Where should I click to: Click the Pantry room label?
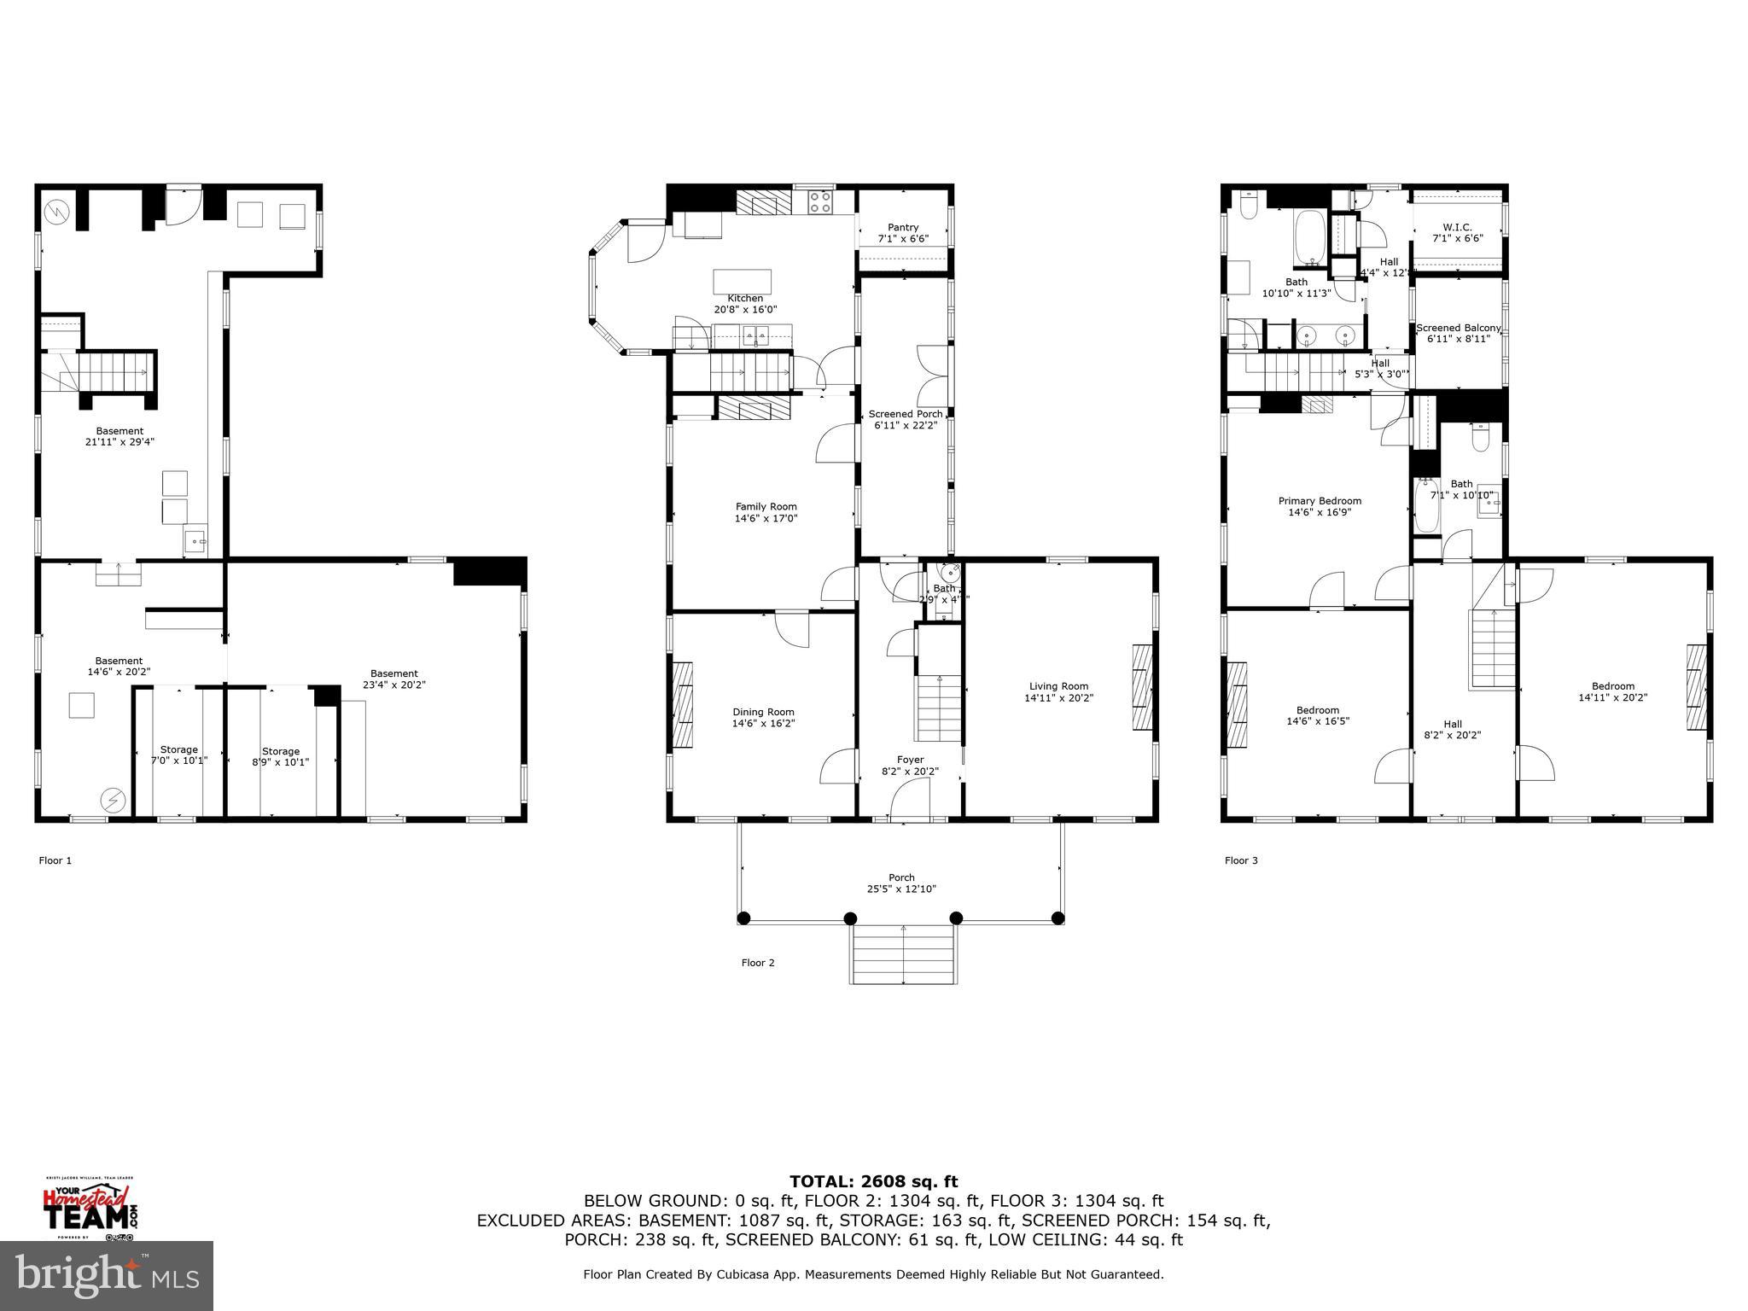[902, 227]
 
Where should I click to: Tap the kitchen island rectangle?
[743, 281]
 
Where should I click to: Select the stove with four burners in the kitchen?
[820, 202]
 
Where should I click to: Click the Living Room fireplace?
[1142, 686]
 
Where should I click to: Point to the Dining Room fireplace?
[683, 704]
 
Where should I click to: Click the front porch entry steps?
[902, 953]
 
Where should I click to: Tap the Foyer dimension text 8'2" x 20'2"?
[910, 771]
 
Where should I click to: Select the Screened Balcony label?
[1458, 328]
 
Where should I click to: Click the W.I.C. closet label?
[1457, 227]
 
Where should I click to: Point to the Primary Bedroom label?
[1320, 501]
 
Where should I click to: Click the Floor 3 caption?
[1241, 860]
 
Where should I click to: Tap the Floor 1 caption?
[55, 860]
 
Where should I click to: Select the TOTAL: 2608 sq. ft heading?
[873, 1181]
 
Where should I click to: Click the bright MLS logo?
[107, 1275]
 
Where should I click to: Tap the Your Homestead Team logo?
[90, 1208]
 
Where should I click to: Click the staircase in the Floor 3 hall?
[1491, 649]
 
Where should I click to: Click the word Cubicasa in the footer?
[726, 1274]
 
